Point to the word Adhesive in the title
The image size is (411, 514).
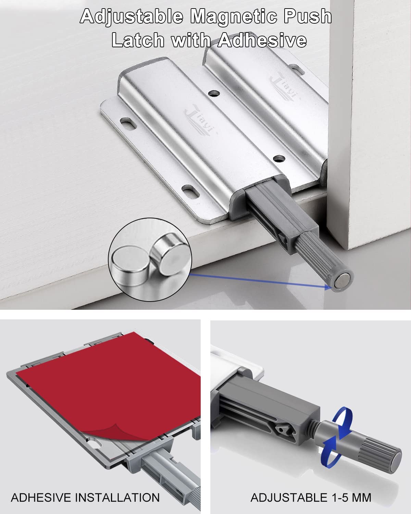tap(262, 40)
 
